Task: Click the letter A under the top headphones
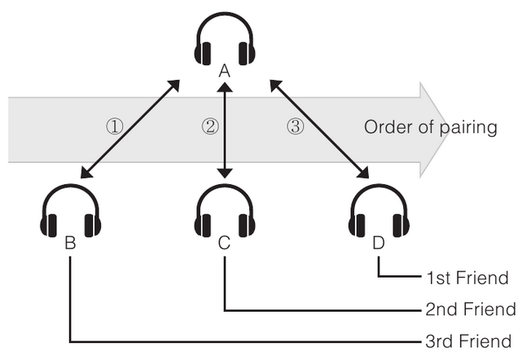[x=225, y=72]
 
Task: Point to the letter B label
[x=71, y=243]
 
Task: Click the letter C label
[x=225, y=243]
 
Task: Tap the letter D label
[x=379, y=243]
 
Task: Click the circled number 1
[x=114, y=126]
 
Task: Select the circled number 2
[x=210, y=126]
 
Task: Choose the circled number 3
[x=296, y=126]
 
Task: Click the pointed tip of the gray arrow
[x=447, y=128]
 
